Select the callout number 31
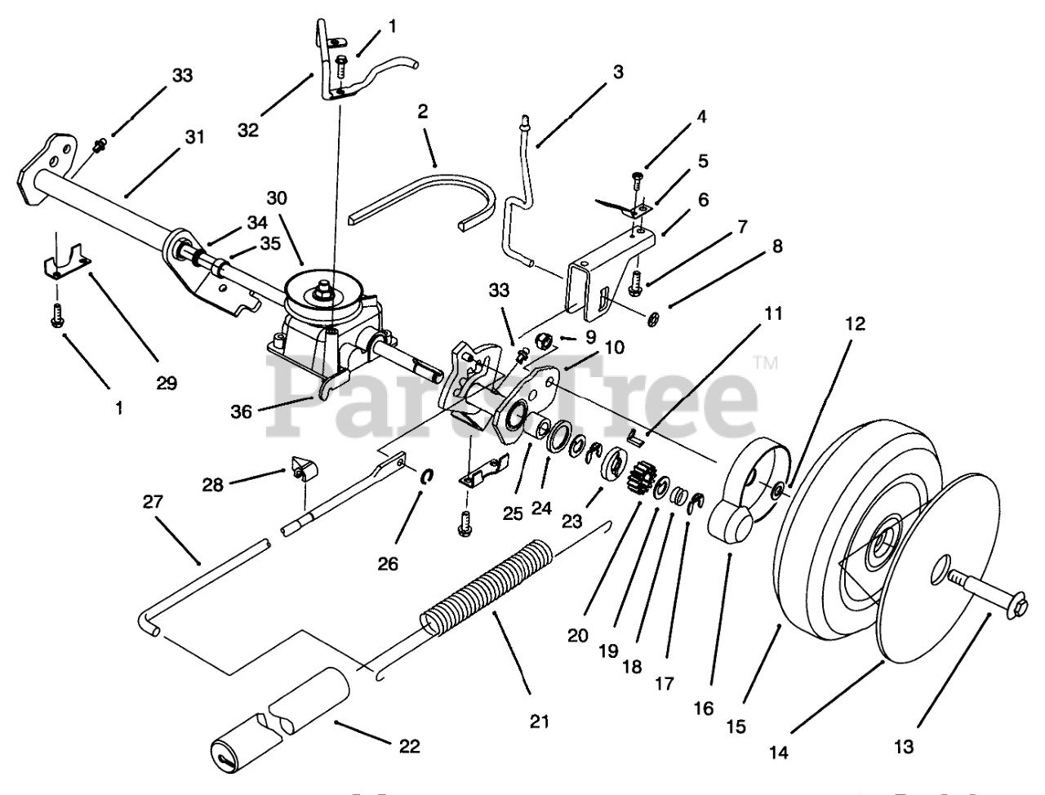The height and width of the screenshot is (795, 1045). [x=193, y=138]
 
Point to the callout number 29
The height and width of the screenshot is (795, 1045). [x=166, y=382]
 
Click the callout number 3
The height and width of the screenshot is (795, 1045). [x=617, y=73]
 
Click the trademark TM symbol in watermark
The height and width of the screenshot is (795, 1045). [x=765, y=362]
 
